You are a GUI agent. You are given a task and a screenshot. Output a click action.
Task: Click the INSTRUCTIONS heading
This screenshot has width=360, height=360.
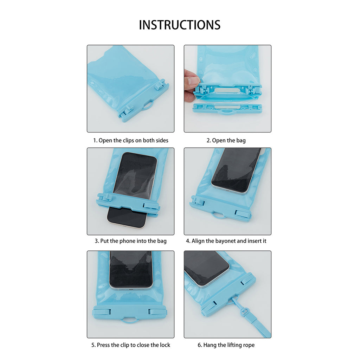[x=180, y=25]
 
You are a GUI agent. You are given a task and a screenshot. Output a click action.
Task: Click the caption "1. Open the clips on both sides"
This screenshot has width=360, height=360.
[x=131, y=140]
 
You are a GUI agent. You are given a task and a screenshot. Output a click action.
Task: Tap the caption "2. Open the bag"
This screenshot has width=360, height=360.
[x=226, y=140]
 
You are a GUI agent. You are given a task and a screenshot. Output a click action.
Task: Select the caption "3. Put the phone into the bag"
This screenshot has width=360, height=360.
[x=131, y=241]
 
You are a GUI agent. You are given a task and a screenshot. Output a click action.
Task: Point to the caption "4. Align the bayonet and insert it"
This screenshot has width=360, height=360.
[x=226, y=241]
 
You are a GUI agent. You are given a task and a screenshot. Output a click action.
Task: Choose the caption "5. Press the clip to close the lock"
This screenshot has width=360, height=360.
[x=131, y=345]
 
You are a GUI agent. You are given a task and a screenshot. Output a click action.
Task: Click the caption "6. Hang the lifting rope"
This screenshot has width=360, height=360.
[x=226, y=345]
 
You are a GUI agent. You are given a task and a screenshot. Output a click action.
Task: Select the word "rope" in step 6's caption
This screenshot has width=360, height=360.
[x=249, y=345]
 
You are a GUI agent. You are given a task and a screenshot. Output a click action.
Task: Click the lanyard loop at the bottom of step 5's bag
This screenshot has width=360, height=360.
[x=130, y=321]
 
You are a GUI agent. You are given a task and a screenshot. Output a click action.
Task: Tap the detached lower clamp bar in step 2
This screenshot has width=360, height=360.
[x=227, y=108]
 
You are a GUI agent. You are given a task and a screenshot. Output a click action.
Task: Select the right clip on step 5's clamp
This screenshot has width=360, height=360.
[x=157, y=312]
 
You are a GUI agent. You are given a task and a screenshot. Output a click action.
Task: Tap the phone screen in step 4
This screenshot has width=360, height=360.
[x=237, y=169]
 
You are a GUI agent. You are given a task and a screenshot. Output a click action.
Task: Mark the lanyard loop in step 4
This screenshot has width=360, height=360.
[x=218, y=216]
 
